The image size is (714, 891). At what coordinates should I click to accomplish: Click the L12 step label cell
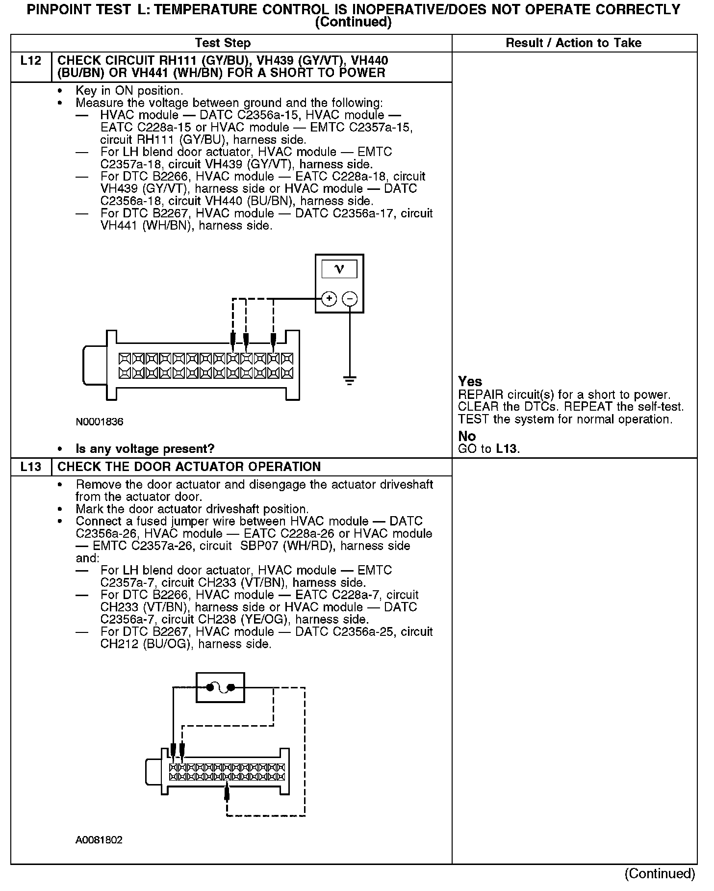tap(31, 61)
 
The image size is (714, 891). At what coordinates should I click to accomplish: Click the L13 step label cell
tap(31, 467)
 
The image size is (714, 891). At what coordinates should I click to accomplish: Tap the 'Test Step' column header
tap(223, 43)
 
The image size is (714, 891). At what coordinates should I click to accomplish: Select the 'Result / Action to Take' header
tap(573, 43)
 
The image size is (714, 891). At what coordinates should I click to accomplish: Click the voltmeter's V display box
tap(339, 269)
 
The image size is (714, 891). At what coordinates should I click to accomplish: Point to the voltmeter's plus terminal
tap(329, 298)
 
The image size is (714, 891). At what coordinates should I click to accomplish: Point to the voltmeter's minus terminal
tap(349, 298)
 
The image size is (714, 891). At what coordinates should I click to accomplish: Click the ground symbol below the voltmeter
tap(349, 381)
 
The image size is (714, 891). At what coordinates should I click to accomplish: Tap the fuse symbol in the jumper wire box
tap(220, 687)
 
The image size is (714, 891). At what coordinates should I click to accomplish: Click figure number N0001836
tap(100, 422)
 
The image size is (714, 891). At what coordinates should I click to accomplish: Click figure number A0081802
tap(99, 839)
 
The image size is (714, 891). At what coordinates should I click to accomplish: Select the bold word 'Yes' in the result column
tap(470, 382)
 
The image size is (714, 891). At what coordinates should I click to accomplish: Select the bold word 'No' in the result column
tap(467, 436)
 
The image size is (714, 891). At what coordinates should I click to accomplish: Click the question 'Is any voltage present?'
tap(145, 449)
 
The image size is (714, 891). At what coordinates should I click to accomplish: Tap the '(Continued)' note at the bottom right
tap(660, 873)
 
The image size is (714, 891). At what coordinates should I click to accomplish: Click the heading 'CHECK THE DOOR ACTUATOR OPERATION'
tap(189, 467)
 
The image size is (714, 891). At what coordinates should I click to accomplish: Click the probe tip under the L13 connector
tap(227, 789)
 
